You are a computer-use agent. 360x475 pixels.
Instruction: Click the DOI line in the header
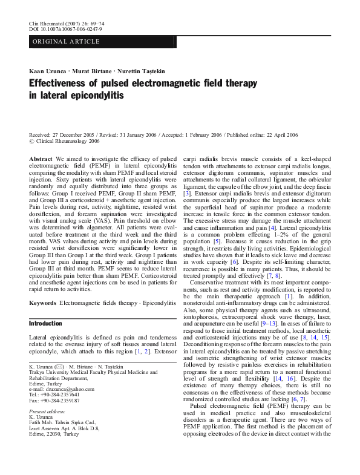[x=65, y=28]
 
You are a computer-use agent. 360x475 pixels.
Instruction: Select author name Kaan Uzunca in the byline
[x=47, y=70]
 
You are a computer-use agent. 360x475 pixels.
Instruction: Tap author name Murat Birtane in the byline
[x=96, y=70]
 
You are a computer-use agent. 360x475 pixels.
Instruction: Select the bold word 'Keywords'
[x=43, y=301]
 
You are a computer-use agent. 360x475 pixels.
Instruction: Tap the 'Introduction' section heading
[x=46, y=324]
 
